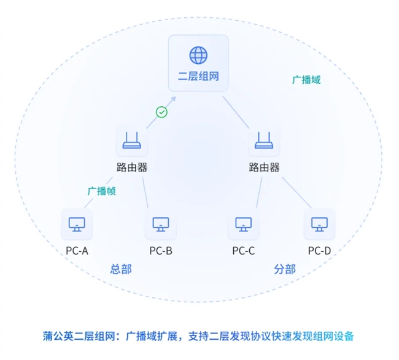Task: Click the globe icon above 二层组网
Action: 198,55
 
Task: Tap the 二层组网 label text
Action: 198,77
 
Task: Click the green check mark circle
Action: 161,112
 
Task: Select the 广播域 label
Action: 306,80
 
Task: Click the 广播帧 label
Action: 101,190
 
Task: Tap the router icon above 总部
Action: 131,143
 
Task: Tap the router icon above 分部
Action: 264,143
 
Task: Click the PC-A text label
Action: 77,251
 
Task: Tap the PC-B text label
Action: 160,251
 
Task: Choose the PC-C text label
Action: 243,251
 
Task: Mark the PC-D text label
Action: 319,251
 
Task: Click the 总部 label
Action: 121,269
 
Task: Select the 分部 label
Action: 284,269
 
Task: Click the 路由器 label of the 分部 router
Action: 264,167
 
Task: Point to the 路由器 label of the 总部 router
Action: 131,167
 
